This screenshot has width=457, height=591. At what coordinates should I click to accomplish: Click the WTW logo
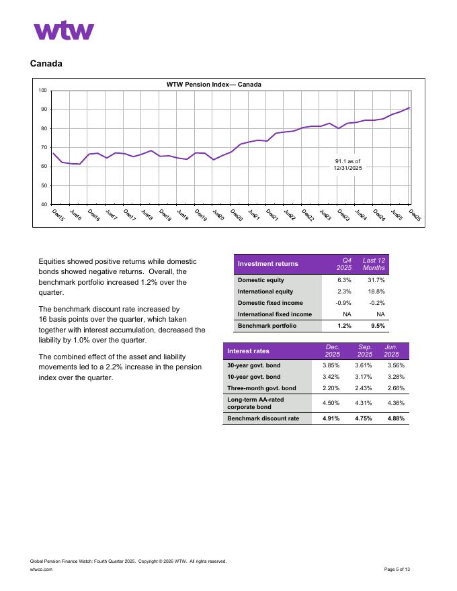click(x=64, y=30)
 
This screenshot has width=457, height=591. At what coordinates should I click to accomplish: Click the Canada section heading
click(x=46, y=64)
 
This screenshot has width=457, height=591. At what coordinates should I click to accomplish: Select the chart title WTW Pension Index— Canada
click(x=214, y=85)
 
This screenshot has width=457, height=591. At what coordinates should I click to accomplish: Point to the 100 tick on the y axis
click(x=42, y=91)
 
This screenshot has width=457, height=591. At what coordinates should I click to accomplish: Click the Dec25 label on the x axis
click(x=414, y=216)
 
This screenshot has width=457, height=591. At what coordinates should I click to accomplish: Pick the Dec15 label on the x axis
click(x=58, y=216)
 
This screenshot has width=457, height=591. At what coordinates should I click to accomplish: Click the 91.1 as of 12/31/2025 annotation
click(x=347, y=165)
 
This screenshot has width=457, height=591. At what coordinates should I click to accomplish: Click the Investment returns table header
click(x=268, y=264)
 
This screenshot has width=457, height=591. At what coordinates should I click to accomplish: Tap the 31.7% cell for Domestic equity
click(x=376, y=280)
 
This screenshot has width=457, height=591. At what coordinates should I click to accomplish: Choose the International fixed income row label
click(x=274, y=314)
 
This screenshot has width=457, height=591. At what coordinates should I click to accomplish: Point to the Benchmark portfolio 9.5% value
click(x=378, y=326)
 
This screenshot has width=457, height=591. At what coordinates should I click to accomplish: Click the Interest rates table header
click(x=248, y=351)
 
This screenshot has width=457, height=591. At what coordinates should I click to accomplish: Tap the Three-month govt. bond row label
click(x=261, y=388)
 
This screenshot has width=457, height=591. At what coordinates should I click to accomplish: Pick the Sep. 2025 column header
click(x=365, y=351)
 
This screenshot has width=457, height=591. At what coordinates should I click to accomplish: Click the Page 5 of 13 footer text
click(x=397, y=569)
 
